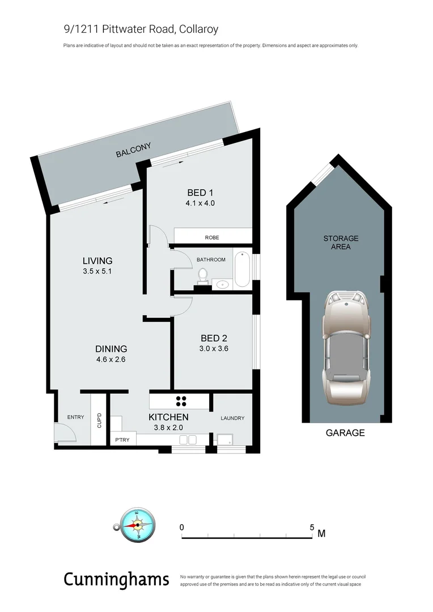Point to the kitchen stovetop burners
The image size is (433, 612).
click(x=181, y=401)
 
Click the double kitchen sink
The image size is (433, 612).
click(x=187, y=440)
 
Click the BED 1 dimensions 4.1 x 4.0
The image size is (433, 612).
click(x=200, y=203)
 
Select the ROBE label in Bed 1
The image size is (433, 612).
click(x=212, y=237)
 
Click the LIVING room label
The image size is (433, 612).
click(x=97, y=261)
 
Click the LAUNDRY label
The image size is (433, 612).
click(x=232, y=418)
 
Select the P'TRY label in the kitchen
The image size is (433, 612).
click(x=122, y=440)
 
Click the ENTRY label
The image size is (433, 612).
click(x=75, y=417)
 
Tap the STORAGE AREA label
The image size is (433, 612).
click(x=341, y=243)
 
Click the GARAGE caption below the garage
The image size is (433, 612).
click(x=345, y=433)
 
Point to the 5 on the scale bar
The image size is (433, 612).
click(x=312, y=527)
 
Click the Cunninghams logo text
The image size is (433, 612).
click(x=116, y=579)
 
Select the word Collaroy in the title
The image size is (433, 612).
click(x=199, y=29)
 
